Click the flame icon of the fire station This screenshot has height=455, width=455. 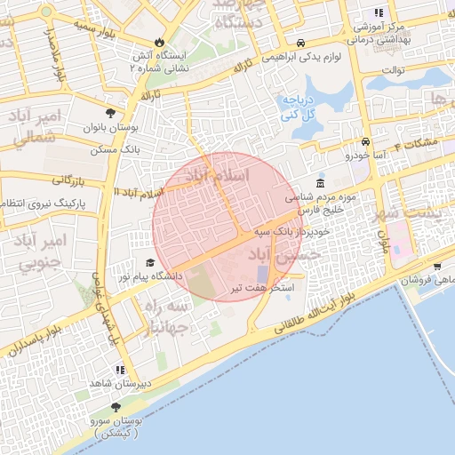[159, 41]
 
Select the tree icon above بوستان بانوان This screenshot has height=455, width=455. [110, 113]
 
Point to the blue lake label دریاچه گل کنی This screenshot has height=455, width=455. [299, 108]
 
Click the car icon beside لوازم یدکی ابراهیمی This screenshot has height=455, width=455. [301, 43]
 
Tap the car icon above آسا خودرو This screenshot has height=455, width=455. [365, 142]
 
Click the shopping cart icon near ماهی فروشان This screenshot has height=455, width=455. [437, 266]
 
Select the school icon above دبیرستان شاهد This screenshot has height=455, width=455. [119, 370]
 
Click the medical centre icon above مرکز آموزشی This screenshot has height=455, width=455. [378, 12]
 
